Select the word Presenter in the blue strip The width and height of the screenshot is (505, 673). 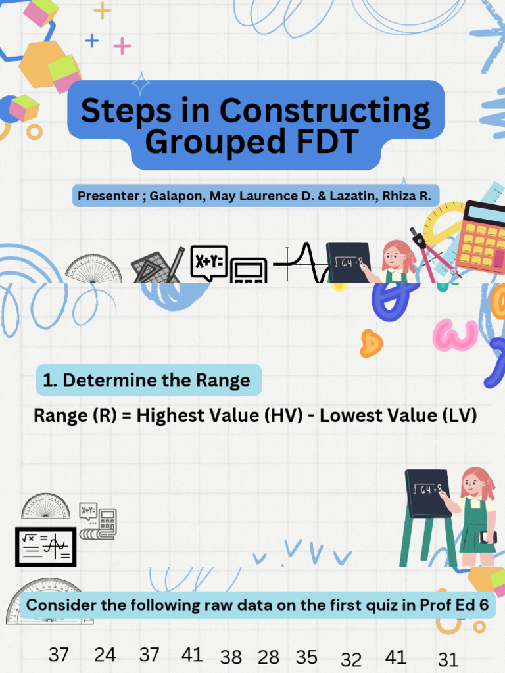point(108,196)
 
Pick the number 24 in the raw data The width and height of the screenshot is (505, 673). point(105,655)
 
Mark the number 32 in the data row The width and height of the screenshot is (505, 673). point(352,659)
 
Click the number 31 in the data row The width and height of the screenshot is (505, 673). point(447,659)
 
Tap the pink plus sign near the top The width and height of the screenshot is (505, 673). point(122,46)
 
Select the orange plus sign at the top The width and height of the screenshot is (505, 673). point(102,10)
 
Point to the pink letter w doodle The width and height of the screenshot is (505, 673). point(455,335)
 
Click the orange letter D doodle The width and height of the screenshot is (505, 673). point(371,342)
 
